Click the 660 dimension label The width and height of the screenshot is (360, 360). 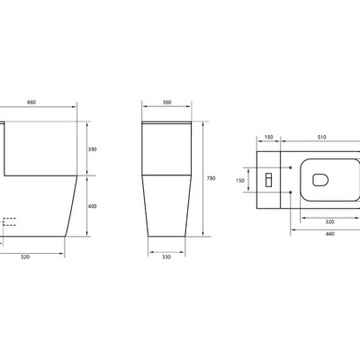pyautogui.click(x=31, y=103)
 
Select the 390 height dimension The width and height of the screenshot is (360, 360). pyautogui.click(x=93, y=149)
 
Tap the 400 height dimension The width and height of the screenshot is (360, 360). pyautogui.click(x=93, y=206)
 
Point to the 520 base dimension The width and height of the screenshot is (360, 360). pyautogui.click(x=25, y=257)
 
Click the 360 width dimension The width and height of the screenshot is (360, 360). pyautogui.click(x=166, y=103)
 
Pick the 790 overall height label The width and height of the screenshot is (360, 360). pyautogui.click(x=211, y=178)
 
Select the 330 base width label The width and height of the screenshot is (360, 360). pyautogui.click(x=166, y=257)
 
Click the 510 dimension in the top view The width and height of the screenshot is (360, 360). pyautogui.click(x=321, y=137)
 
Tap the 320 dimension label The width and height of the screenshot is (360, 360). pyautogui.click(x=329, y=222)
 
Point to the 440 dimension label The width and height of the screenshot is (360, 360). pyautogui.click(x=329, y=234)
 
